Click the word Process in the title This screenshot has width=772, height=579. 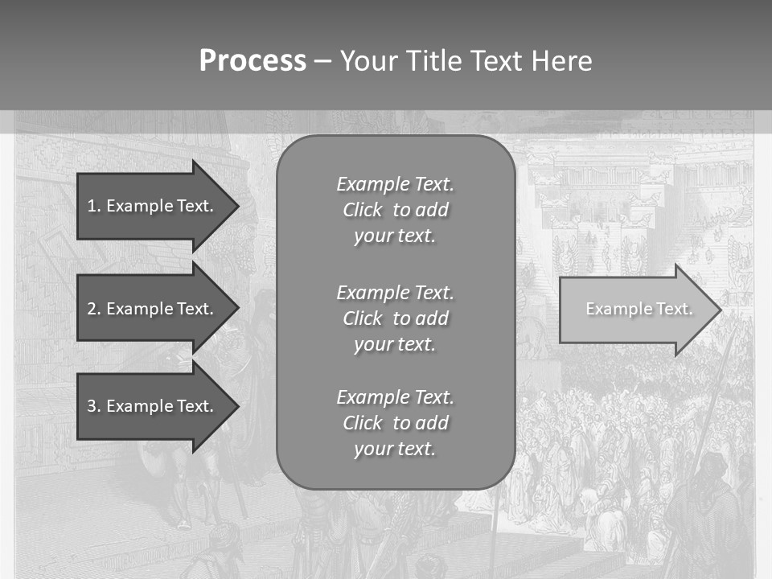point(253,61)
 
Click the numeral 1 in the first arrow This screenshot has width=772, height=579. point(92,206)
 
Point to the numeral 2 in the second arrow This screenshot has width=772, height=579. point(92,309)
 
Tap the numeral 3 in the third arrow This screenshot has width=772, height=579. point(92,406)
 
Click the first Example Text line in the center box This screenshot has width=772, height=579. point(395,184)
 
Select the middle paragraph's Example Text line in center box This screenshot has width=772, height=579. point(395,292)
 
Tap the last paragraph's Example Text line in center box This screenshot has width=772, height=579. point(395,397)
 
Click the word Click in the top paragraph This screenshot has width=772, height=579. point(363,210)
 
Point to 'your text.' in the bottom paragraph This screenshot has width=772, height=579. point(395,449)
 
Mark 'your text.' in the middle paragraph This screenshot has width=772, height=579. point(395,344)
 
